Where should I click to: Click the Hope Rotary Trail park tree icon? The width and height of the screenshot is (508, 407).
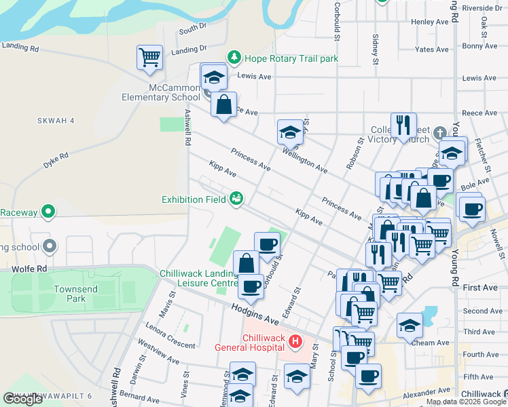pyautogui.click(x=234, y=58)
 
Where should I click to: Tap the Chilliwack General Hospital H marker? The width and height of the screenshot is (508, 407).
pyautogui.click(x=295, y=341)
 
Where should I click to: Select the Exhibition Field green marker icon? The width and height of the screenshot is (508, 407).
pyautogui.click(x=236, y=199)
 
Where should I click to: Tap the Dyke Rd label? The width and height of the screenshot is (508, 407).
pyautogui.click(x=56, y=160)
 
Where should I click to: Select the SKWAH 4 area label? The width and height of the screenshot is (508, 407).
pyautogui.click(x=55, y=120)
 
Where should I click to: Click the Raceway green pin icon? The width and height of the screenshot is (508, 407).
pyautogui.click(x=48, y=212)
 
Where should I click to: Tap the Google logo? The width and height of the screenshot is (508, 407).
pyautogui.click(x=22, y=399)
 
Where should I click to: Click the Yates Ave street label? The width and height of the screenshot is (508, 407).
pyautogui.click(x=432, y=50)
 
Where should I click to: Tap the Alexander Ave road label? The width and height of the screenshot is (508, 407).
pyautogui.click(x=426, y=391)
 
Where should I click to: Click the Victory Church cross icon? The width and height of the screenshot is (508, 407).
pyautogui.click(x=439, y=132)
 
